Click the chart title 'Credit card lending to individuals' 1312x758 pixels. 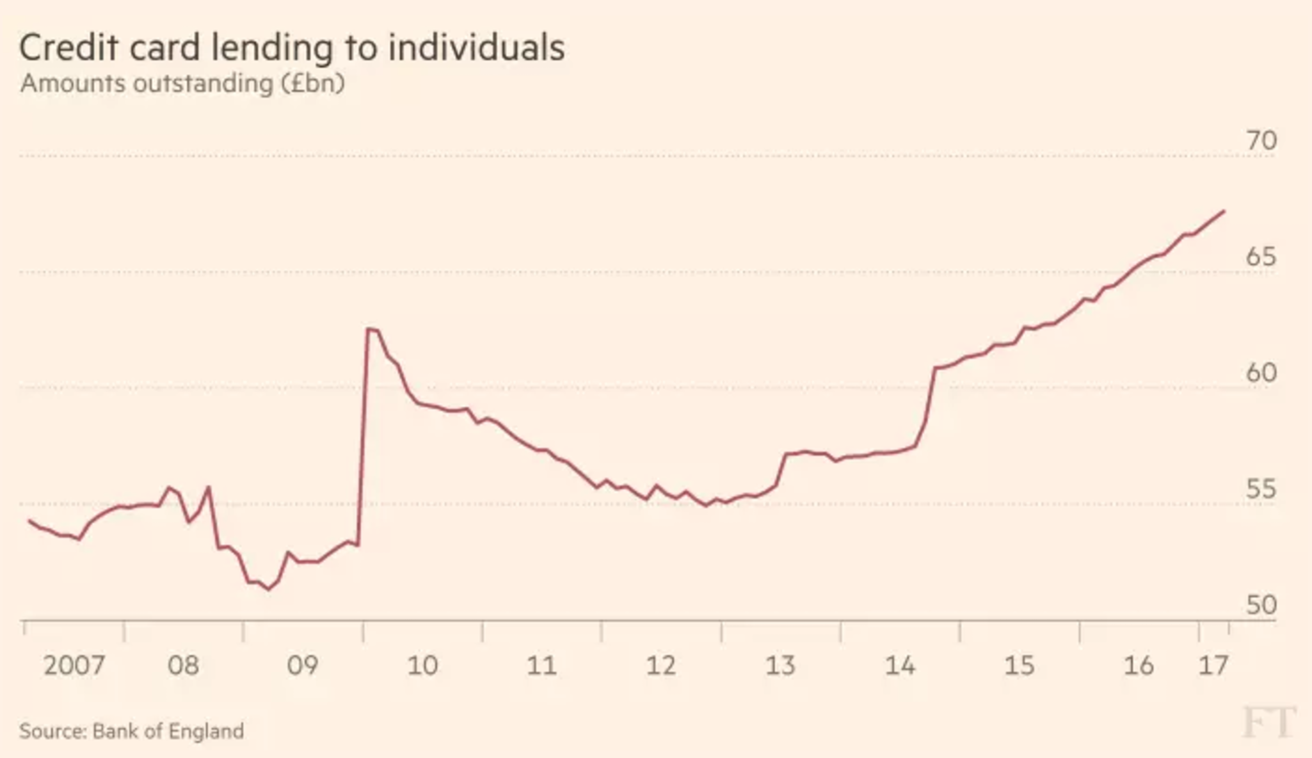(x=292, y=47)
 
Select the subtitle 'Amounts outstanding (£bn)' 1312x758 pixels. (x=182, y=84)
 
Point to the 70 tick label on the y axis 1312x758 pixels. (x=1261, y=141)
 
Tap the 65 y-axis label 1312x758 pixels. (x=1261, y=257)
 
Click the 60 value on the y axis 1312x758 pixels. (x=1261, y=373)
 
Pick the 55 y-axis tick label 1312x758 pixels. (x=1261, y=490)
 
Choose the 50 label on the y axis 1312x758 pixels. (x=1261, y=606)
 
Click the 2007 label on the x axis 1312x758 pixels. (x=74, y=666)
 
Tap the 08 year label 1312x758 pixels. (x=184, y=666)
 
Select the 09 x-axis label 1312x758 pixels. (x=302, y=666)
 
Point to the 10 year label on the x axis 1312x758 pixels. (x=422, y=666)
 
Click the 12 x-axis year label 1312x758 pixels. (x=661, y=666)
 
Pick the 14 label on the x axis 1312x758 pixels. (x=900, y=666)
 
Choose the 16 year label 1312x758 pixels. (x=1139, y=666)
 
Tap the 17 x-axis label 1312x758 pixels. (x=1213, y=666)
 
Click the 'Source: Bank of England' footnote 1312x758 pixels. (x=131, y=731)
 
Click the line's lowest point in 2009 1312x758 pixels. (x=268, y=589)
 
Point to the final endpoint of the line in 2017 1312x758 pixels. (x=1224, y=211)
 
